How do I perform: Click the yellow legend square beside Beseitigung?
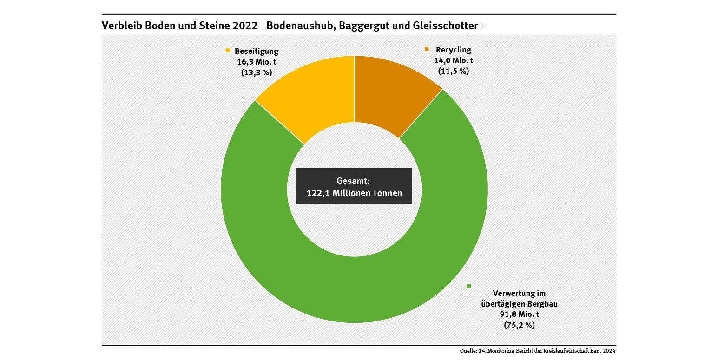pos(228,50)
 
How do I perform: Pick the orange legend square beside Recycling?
pos(427,49)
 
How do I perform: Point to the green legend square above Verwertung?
pos(469,286)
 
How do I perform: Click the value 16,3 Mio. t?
pos(257,62)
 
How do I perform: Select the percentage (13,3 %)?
pos(257,72)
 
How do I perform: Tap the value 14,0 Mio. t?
pos(454,60)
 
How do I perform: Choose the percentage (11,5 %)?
pos(454,71)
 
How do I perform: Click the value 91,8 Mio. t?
pos(520,314)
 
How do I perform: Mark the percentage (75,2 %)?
pos(520,325)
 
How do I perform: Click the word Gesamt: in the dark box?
pos(353,181)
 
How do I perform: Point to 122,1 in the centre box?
pos(318,193)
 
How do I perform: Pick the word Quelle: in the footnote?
pos(467,351)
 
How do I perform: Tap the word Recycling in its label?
pos(454,50)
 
